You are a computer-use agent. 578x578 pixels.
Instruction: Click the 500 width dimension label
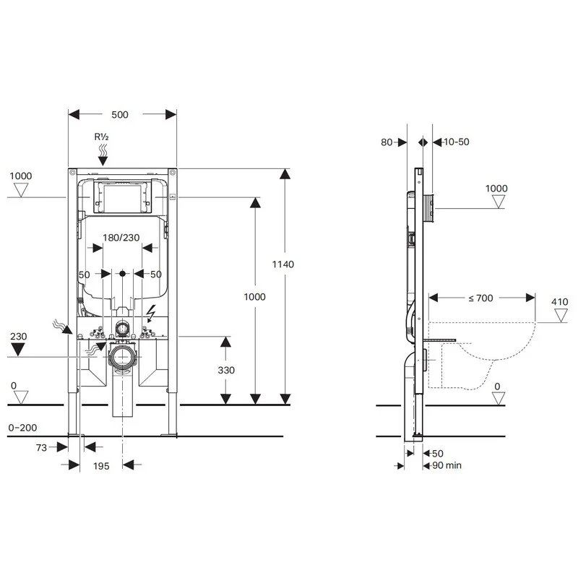[x=121, y=115]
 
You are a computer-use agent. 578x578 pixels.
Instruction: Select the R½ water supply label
[x=102, y=137]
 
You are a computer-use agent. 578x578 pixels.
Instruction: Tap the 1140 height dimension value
[x=285, y=264]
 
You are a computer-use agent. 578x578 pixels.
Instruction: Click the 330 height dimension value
[x=226, y=369]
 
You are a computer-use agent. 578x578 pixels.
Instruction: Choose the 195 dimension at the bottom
[x=101, y=466]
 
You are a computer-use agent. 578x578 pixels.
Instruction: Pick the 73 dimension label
[x=41, y=448]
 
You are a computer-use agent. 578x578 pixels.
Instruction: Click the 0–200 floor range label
[x=23, y=428]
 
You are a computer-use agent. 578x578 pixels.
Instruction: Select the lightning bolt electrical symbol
[x=152, y=313]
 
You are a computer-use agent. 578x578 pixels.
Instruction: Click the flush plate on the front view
[x=121, y=197]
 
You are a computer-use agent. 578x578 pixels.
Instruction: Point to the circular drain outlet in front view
[x=122, y=357]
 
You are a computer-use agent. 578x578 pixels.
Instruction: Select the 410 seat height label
[x=560, y=302]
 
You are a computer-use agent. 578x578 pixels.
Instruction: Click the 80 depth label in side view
[x=386, y=142]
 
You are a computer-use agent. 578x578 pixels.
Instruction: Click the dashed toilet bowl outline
[x=484, y=354]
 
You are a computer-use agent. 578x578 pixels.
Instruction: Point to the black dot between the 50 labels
[x=122, y=274]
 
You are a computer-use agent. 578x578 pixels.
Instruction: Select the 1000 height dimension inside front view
[x=254, y=297]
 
